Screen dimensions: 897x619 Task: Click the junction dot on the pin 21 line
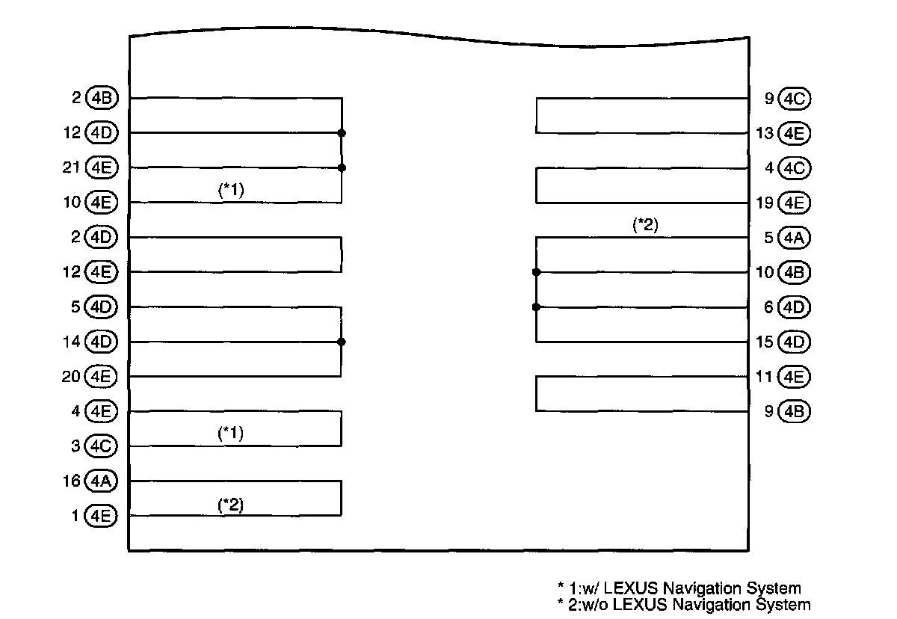click(x=342, y=167)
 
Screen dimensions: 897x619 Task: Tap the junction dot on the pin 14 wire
click(x=342, y=342)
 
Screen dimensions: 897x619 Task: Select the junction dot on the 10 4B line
click(x=536, y=272)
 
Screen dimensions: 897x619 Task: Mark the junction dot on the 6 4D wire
click(x=536, y=307)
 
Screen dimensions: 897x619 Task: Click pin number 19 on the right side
click(x=764, y=203)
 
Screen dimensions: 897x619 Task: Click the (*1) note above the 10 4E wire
click(x=231, y=191)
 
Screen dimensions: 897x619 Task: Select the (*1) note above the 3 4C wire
click(x=231, y=434)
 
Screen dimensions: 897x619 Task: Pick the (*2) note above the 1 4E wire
click(x=231, y=505)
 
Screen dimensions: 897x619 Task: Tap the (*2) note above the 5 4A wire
click(x=645, y=225)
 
